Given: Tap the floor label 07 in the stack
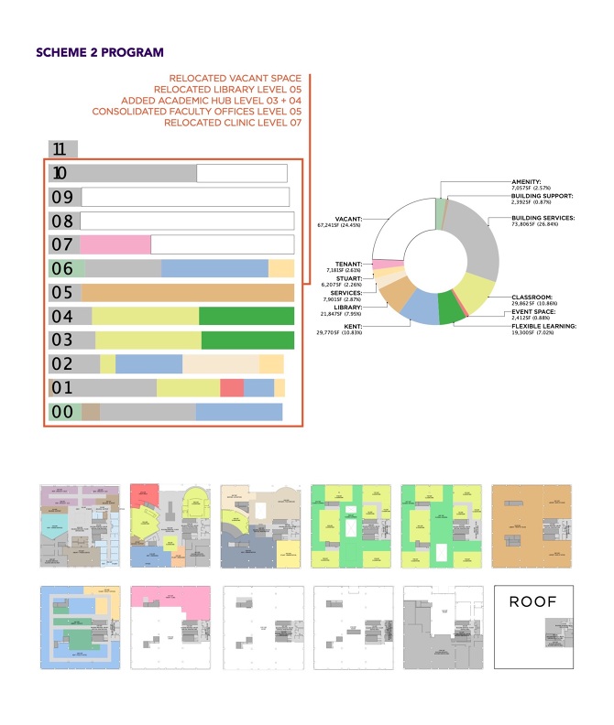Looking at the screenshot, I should (62, 244).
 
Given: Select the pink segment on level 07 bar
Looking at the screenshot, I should (115, 244).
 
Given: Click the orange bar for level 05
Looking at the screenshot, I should (188, 293).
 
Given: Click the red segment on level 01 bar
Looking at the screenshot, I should (232, 387).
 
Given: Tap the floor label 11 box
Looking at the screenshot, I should (62, 149).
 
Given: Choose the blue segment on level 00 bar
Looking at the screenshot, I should (238, 412).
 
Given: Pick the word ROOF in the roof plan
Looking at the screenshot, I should (532, 603).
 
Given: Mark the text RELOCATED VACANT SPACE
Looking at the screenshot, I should (235, 79).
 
